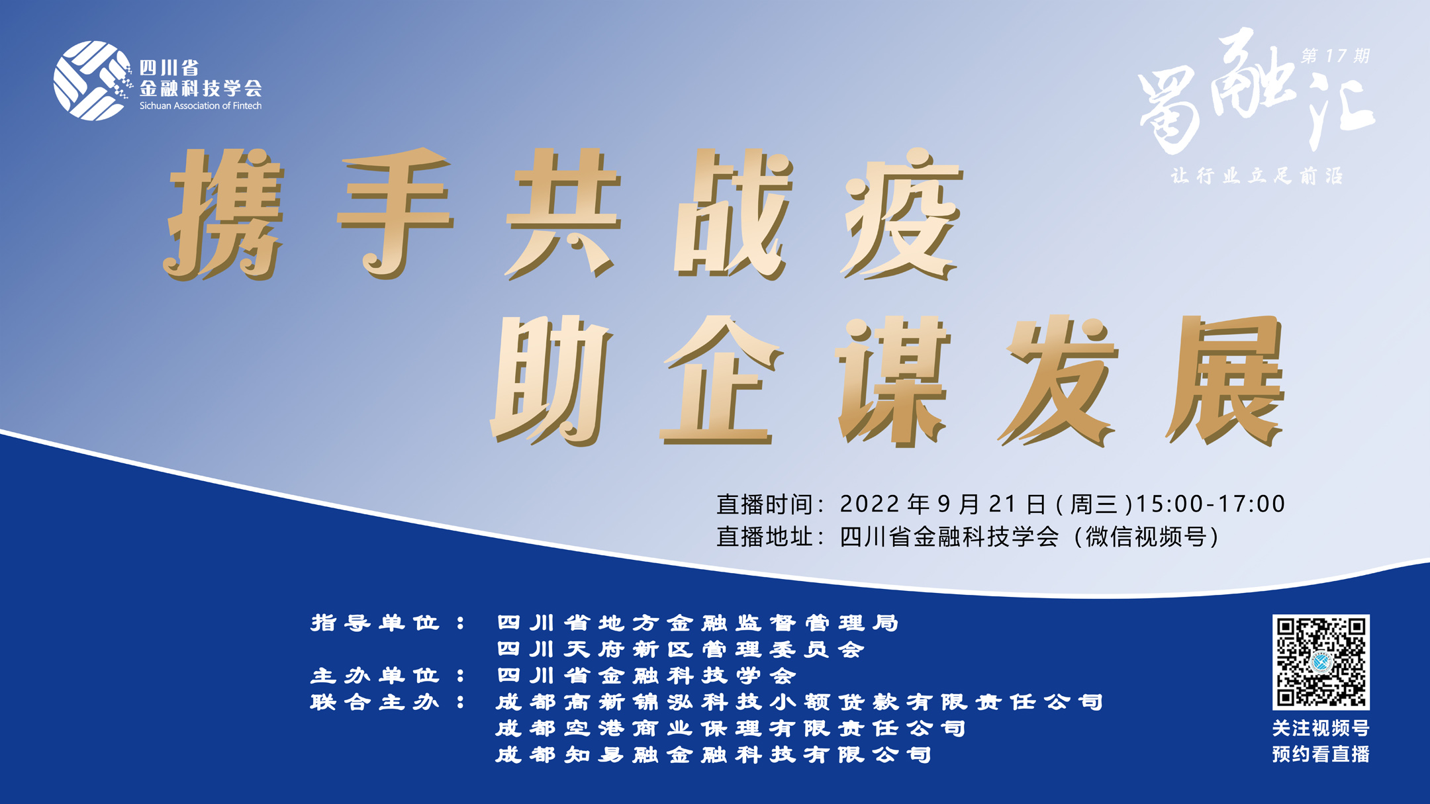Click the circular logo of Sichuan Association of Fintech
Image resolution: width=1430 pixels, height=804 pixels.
pos(91,81)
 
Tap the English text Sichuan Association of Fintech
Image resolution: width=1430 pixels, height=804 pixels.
pos(201,106)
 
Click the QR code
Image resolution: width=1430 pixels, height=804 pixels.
pos(1321,662)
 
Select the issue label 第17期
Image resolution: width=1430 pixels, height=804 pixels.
pos(1335,56)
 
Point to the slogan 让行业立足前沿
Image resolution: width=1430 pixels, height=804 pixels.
pos(1257,175)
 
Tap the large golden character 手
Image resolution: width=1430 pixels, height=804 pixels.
pos(396,214)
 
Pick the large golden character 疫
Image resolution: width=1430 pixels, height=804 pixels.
pos(901,214)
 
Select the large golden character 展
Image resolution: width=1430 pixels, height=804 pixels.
pos(1225,380)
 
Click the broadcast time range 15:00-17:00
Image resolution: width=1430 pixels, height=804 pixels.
pos(1210,504)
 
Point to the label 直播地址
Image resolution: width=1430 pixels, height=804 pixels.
pos(765,537)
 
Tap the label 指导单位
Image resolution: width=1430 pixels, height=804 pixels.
pos(375,623)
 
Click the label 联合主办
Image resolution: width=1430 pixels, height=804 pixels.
pos(375,702)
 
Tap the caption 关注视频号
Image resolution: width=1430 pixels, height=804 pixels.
pos(1321,729)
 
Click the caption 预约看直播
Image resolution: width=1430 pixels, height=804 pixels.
pos(1321,754)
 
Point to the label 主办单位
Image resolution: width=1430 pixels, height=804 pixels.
pos(375,676)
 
